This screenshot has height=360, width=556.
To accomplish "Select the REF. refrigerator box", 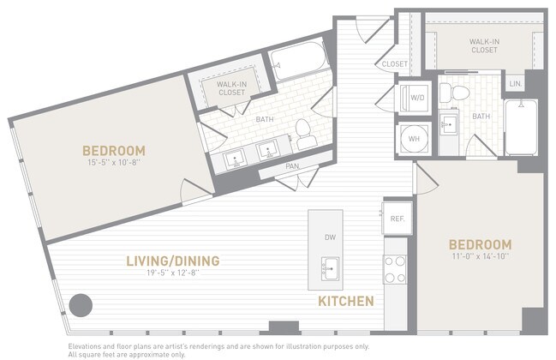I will [x=397, y=219].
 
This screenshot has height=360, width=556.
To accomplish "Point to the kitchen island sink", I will [x=330, y=265].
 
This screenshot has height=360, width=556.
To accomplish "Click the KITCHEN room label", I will [x=345, y=301].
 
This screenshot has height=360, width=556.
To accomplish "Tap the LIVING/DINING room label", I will [x=173, y=261].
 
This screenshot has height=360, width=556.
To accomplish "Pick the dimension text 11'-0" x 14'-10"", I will [x=481, y=258].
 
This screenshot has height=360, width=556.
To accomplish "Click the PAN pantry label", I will [x=292, y=165].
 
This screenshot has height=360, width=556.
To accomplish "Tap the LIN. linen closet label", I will [x=514, y=84].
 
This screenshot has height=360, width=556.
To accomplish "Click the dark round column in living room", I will [x=81, y=305].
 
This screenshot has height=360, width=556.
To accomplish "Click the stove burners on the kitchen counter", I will [x=395, y=268].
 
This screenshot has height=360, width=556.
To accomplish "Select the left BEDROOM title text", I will [x=115, y=150].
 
